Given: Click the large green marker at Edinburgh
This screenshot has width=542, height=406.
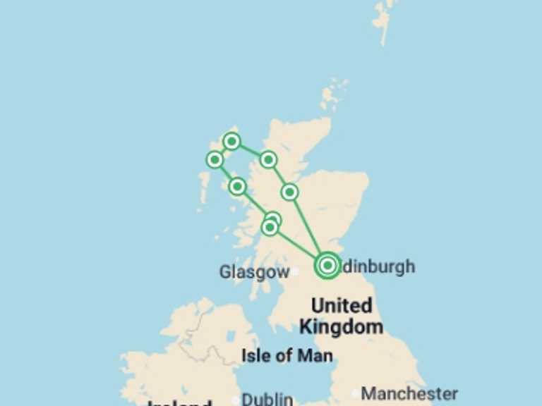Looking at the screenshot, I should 327,265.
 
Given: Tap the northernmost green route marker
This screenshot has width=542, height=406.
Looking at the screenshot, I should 231,142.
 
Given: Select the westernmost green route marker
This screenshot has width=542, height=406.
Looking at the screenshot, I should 215,159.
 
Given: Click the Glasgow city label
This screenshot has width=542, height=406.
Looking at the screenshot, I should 253,272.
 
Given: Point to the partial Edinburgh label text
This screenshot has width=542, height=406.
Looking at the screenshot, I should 379,267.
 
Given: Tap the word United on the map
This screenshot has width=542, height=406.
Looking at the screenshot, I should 342,306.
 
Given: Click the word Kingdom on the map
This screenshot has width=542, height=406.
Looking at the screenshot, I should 342,326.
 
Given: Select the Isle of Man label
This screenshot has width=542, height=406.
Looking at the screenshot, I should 287,355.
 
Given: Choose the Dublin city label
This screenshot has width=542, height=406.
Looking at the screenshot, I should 267,400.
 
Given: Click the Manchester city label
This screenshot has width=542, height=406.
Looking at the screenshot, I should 409,393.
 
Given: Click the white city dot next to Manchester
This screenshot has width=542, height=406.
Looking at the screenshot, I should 356,393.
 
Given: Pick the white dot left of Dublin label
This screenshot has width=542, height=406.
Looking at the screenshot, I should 236,400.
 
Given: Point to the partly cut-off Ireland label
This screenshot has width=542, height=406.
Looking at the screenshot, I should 179,402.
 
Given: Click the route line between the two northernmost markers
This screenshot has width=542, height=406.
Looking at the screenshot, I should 250,150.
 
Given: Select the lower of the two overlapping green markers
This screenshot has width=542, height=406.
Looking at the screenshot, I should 269,228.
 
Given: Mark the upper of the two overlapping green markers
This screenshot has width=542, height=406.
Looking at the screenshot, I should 274,219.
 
